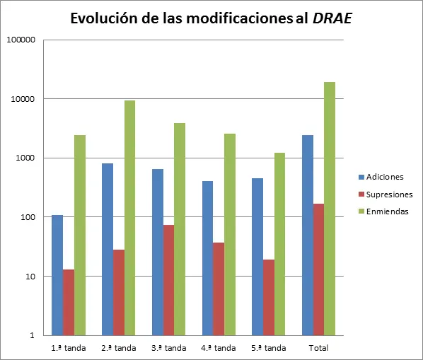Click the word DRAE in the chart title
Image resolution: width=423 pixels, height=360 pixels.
click(332, 19)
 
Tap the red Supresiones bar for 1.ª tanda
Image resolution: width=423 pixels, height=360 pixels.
click(69, 302)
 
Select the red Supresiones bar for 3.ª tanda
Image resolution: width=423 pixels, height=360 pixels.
click(168, 279)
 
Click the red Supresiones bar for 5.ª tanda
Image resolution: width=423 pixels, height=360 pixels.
click(269, 297)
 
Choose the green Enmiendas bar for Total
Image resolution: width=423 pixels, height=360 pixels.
click(330, 208)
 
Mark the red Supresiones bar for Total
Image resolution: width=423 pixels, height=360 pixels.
click(319, 269)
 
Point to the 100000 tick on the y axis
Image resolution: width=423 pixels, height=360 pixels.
click(21, 40)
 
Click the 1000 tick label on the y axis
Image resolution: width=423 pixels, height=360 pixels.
click(25, 158)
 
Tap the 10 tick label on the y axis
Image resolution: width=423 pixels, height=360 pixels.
click(29, 276)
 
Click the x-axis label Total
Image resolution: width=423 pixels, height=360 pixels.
click(319, 347)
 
